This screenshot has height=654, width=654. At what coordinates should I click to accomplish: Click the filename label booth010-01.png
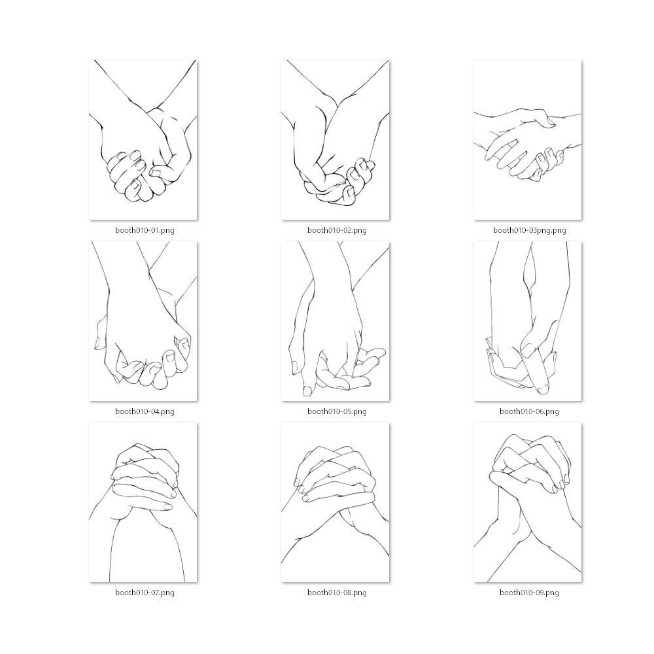click(145, 230)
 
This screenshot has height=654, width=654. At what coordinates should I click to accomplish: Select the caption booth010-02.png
click(337, 230)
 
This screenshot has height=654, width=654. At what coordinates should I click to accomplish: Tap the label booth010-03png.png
click(529, 230)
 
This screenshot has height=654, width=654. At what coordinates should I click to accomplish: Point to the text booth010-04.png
click(145, 411)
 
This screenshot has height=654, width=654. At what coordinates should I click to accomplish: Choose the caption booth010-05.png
click(337, 411)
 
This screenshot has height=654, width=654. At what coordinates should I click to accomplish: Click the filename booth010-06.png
click(529, 411)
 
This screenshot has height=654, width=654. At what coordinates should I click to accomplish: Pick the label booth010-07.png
click(145, 593)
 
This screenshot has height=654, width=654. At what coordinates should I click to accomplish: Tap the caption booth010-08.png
click(337, 593)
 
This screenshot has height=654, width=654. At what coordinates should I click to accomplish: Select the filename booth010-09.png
click(529, 593)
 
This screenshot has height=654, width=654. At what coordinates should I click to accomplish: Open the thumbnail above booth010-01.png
click(143, 140)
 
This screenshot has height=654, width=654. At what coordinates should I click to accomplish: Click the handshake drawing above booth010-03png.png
click(528, 140)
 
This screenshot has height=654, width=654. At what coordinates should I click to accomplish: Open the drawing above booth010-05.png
click(336, 321)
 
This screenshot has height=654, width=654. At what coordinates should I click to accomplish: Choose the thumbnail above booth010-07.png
click(143, 502)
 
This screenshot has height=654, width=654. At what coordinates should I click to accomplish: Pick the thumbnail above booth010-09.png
click(528, 502)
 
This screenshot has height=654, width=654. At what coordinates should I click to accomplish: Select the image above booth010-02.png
click(336, 140)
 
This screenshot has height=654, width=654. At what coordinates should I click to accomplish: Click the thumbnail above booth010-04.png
click(143, 321)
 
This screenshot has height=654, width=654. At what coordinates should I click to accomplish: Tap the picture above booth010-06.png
click(528, 321)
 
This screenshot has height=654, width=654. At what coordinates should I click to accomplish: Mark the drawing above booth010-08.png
click(336, 502)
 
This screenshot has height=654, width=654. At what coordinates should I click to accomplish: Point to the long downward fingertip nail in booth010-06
click(542, 390)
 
